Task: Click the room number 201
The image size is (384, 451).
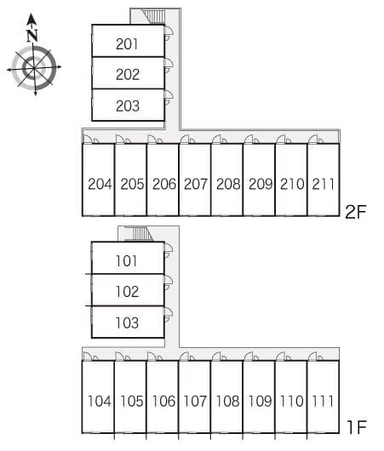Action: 127,44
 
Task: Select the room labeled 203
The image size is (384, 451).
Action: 128,106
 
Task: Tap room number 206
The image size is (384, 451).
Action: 164,184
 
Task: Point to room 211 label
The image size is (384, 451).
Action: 323,184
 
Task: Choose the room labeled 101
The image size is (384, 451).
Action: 126,261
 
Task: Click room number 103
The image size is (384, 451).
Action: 127,323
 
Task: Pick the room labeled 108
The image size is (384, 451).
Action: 227,401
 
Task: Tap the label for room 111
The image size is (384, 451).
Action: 323,401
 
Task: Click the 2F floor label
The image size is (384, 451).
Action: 356,212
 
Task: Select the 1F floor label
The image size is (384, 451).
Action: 357,427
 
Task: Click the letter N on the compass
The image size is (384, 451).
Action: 32,36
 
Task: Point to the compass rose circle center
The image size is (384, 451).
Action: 34,68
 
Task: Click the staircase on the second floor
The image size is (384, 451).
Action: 154,16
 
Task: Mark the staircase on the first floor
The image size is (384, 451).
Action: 138,232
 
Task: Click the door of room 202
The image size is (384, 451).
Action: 169,66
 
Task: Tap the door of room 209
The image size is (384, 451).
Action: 251,139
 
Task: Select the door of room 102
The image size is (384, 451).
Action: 169,283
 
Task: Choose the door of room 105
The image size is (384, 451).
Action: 123,356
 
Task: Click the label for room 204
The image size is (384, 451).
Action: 100,184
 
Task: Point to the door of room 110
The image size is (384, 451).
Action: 284,356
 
